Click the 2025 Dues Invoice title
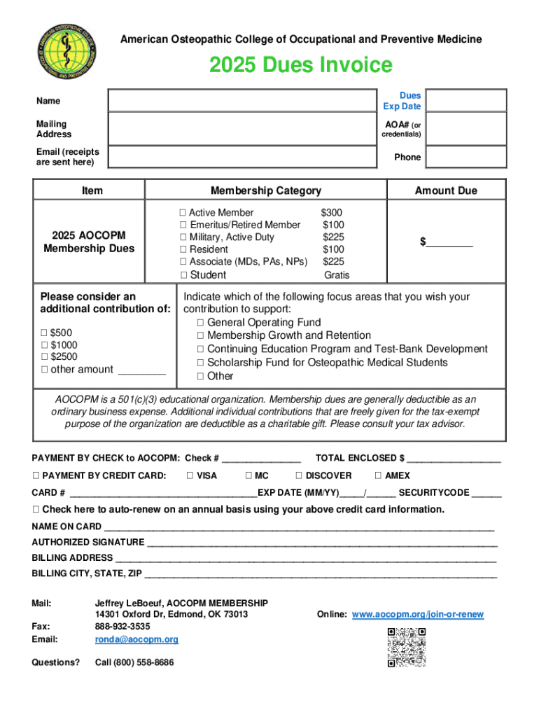[301, 65]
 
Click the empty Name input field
[242, 100]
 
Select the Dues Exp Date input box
[466, 100]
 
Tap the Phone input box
[466, 158]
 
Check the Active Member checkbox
[183, 213]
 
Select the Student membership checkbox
[183, 274]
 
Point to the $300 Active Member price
[332, 213]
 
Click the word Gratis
[336, 275]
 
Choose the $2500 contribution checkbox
[44, 357]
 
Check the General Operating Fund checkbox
[201, 323]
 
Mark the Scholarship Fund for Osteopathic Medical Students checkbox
[201, 363]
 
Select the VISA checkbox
[190, 475]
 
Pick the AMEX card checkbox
[379, 475]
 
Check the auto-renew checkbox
[36, 509]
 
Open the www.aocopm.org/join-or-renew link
[417, 615]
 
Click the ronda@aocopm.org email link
[136, 639]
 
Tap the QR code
[406, 647]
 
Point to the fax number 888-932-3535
[122, 627]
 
